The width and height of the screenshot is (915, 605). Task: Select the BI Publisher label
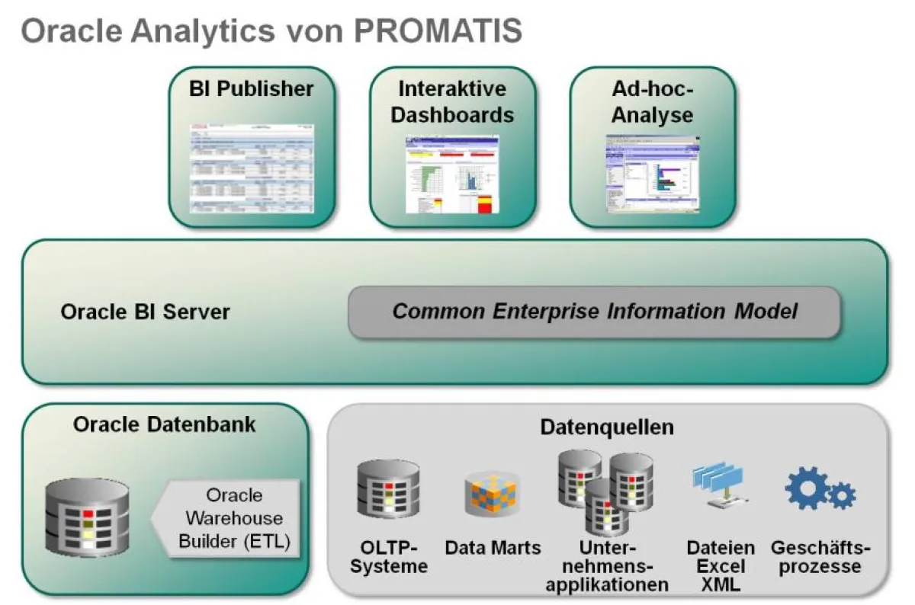pos(252,89)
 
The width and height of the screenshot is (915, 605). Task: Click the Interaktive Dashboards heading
pos(452,102)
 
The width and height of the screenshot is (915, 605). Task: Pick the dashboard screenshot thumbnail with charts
pos(452,174)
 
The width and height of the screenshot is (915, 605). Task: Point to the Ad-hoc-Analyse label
pos(653,102)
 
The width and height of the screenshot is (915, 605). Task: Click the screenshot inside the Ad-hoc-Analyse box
pos(653,174)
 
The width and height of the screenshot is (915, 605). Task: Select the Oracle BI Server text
pos(145,312)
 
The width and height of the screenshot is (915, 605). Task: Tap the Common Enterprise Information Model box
pos(594,312)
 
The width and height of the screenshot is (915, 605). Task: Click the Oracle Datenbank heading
pos(165,424)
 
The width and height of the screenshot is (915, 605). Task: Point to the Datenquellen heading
pos(607,427)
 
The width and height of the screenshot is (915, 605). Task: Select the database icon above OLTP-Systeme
pos(388,488)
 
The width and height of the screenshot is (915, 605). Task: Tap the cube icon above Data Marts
pos(492,494)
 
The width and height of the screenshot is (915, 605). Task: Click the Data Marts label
pos(493,547)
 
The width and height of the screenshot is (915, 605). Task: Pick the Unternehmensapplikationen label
pos(607,566)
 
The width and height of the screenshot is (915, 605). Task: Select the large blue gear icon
pos(807,488)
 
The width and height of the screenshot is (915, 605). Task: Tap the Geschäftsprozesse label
pos(820,557)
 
